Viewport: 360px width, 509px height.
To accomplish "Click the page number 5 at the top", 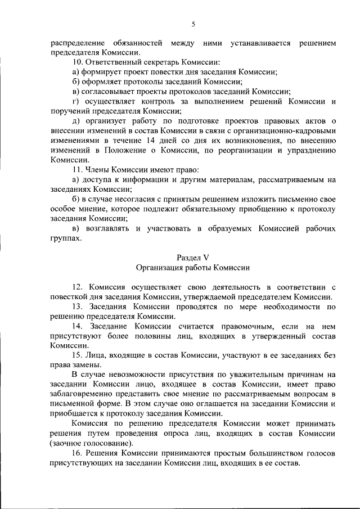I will pyautogui.click(x=193, y=24).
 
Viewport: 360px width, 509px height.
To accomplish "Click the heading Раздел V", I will pyautogui.click(x=192, y=258).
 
